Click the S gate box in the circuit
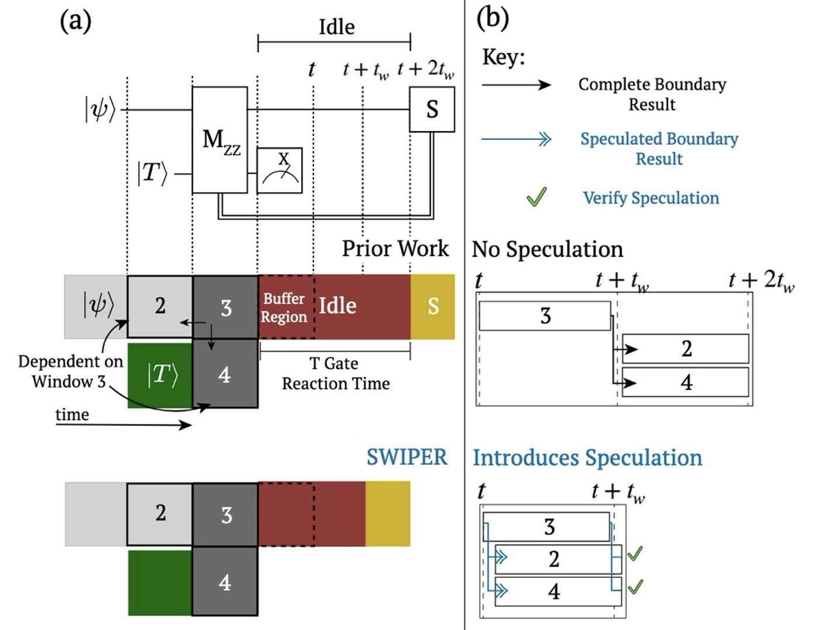coord(432,109)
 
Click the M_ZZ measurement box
coord(220,140)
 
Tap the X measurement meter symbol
coord(280,170)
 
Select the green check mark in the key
coord(536,197)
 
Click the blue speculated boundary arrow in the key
coord(516,139)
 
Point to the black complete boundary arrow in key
coord(516,85)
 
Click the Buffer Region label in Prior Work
coord(284,307)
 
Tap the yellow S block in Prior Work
coord(432,306)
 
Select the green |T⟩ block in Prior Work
coord(160,375)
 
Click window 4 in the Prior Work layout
coord(225,374)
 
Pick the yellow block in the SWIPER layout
coord(388,513)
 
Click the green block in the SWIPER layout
coord(160,583)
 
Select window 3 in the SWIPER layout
coord(225,515)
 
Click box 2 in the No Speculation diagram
coord(686,349)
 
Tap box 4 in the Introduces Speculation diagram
coord(554,591)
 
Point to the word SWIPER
coord(407,457)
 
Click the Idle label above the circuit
coord(336,27)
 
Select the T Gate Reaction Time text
coord(336,374)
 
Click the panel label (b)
coord(492,19)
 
